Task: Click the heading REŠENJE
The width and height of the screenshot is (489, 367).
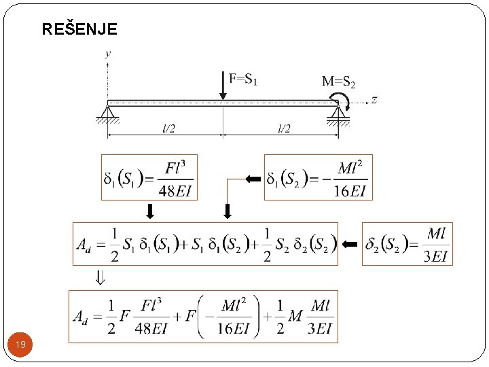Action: coord(79,29)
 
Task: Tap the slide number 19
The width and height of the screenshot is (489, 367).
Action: coord(21,345)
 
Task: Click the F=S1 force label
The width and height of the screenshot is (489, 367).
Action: coord(243,79)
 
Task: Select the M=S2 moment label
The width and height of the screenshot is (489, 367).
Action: coord(338,82)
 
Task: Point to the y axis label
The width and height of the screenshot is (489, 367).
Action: coord(109,53)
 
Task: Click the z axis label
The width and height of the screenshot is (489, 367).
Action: coord(374,100)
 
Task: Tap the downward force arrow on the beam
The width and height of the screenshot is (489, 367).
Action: coord(224,86)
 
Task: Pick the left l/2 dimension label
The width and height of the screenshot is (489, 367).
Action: coord(168,128)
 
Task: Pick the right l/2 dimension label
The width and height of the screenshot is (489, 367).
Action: coord(284,128)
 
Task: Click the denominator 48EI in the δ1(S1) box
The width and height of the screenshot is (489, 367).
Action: coord(175,190)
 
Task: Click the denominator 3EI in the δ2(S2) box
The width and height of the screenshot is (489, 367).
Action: coord(435,255)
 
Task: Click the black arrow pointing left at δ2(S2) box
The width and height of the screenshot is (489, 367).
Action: coord(350,243)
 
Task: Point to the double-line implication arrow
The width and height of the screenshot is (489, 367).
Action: coord(101,277)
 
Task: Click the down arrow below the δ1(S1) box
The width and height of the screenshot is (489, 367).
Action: coord(149,211)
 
